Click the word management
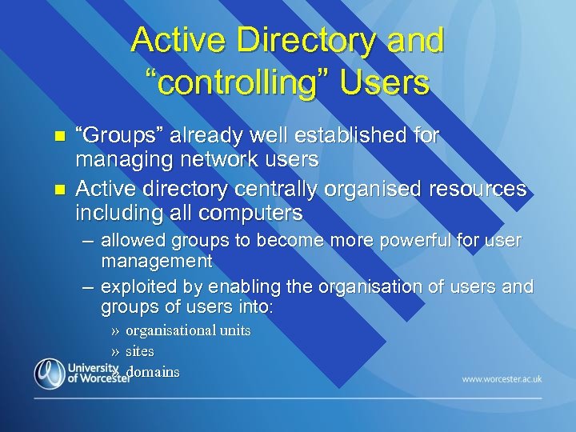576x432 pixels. pyautogui.click(x=157, y=261)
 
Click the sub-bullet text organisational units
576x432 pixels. pyautogui.click(x=188, y=330)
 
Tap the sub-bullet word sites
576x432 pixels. pyautogui.click(x=140, y=350)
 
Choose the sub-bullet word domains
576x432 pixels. pyautogui.click(x=154, y=371)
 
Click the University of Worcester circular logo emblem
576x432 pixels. pyautogui.click(x=50, y=374)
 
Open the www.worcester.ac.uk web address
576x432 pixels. pyautogui.click(x=502, y=378)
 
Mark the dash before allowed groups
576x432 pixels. pyautogui.click(x=87, y=240)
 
